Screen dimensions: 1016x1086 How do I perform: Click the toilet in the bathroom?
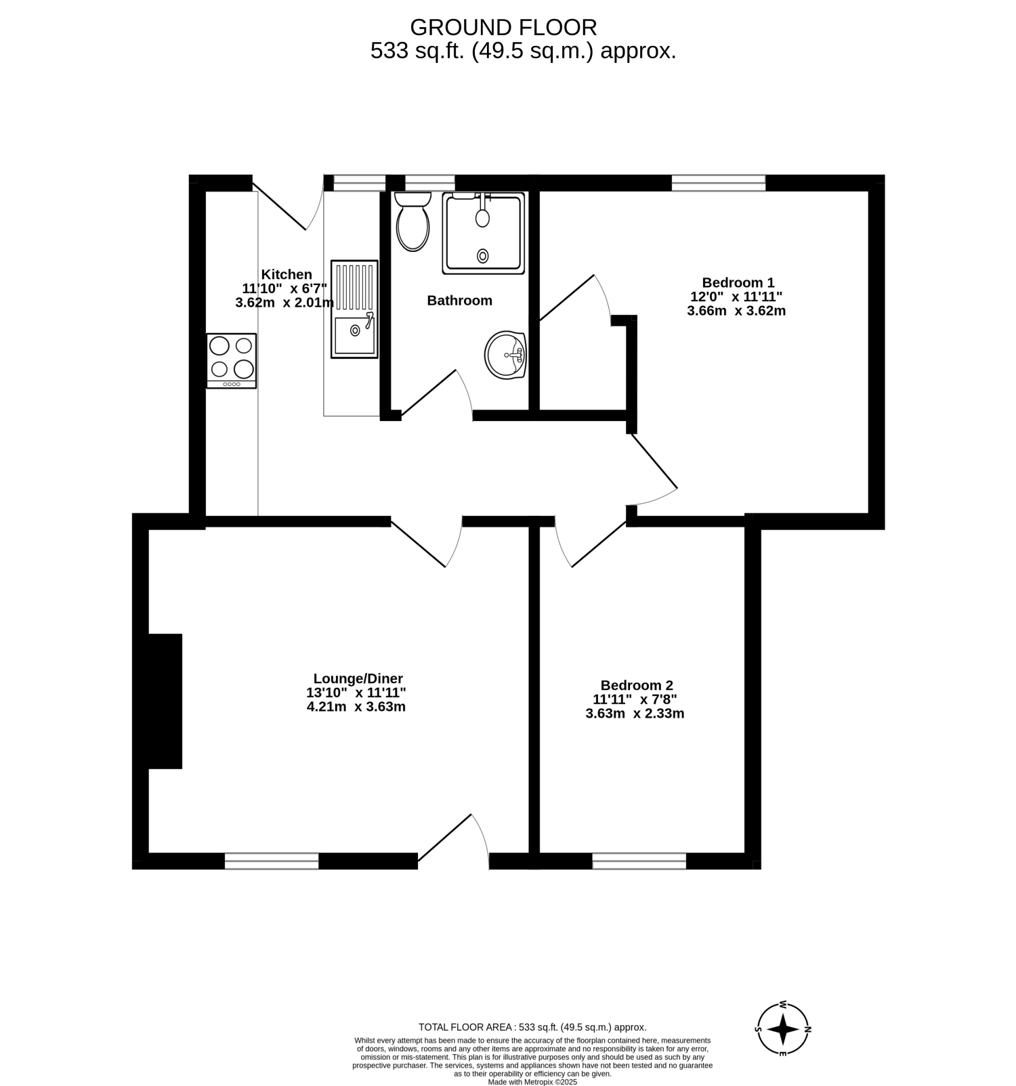pos(412,221)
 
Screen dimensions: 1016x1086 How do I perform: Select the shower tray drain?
pos(482,256)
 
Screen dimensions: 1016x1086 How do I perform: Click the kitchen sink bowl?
pos(354,334)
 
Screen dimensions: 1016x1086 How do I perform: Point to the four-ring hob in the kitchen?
pos(232,361)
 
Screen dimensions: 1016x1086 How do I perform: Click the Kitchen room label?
pos(287,274)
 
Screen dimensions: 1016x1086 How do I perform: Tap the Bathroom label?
pos(459,301)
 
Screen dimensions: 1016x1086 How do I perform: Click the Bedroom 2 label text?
pos(636,685)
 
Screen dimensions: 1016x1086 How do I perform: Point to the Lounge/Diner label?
pos(358,678)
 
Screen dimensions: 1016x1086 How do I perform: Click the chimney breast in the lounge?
pos(165,701)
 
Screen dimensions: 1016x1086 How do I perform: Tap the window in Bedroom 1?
pos(719,183)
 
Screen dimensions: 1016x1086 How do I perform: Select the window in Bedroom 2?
pos(639,861)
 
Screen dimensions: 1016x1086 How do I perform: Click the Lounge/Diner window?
pos(272,861)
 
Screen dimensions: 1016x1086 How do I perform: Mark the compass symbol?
pos(783,1029)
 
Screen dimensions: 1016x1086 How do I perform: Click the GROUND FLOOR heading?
pos(503,28)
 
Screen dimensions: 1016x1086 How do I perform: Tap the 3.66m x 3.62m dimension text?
pos(736,311)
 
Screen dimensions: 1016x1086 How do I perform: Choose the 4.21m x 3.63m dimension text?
pos(356,708)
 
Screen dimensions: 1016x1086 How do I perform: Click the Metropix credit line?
pos(532,1082)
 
